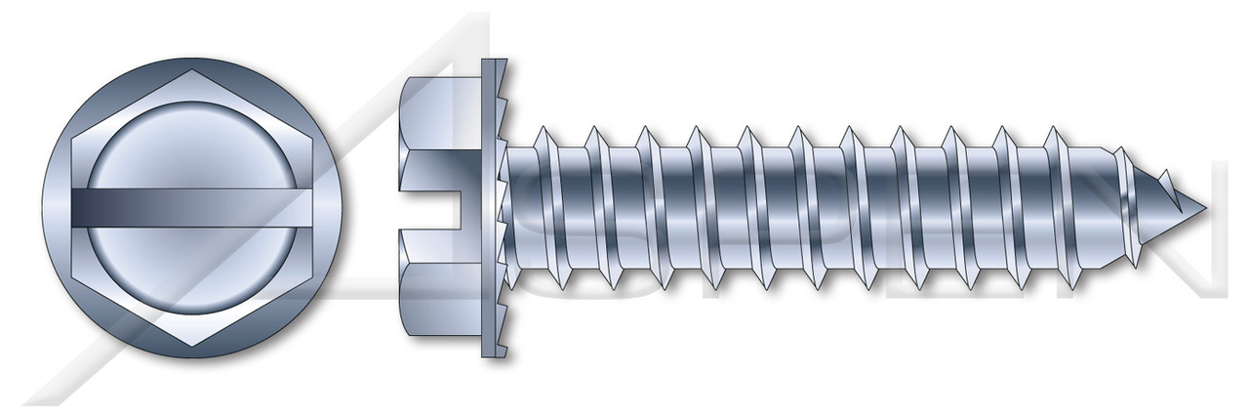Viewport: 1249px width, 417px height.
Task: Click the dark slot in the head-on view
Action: coord(195,208)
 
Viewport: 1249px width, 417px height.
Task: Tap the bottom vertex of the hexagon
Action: coord(195,347)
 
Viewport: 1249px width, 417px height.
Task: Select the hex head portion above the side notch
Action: coord(439,127)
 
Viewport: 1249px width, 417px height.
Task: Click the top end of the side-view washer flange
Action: coord(495,64)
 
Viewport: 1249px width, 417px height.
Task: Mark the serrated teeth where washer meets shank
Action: coord(505,208)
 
